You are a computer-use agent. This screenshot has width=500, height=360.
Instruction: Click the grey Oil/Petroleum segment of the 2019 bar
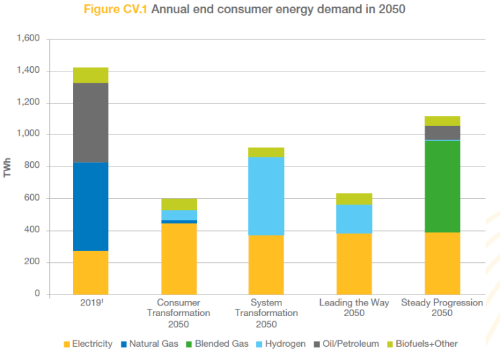[91, 123]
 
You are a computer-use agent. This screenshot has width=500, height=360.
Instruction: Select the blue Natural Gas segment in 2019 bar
[91, 207]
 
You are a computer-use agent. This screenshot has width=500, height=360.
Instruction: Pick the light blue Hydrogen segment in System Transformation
[266, 196]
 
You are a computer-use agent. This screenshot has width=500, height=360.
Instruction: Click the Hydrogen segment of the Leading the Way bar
[354, 218]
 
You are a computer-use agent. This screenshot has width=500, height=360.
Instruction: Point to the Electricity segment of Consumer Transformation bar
[178, 258]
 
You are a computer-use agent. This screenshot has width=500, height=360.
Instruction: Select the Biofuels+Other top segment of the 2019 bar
[91, 75]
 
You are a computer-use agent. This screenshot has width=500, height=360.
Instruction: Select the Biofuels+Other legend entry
[420, 344]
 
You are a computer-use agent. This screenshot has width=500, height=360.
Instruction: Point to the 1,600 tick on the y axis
[27, 39]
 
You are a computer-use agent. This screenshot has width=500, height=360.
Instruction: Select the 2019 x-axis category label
[89, 303]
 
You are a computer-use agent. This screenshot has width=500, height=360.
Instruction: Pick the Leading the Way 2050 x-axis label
[354, 308]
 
